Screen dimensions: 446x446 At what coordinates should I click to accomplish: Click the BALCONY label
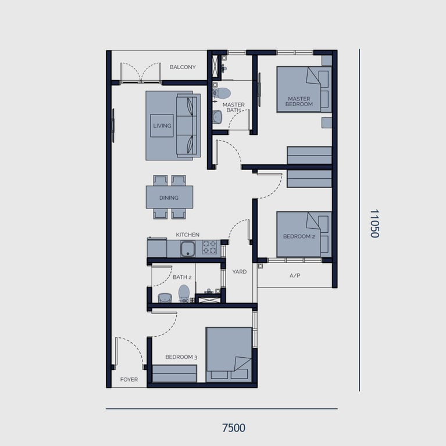pos(183,67)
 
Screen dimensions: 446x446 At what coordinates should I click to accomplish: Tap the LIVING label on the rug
pos(162,125)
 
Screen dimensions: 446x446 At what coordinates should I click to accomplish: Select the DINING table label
pos(169,197)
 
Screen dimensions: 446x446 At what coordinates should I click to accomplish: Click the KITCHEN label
pos(188,235)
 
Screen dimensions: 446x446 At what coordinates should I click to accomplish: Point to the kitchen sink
pos(188,249)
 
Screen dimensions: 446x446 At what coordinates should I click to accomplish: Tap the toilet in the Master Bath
pos(222,92)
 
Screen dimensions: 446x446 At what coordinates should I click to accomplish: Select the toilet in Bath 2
pos(184,293)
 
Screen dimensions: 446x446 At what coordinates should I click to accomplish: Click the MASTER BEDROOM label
pos(299,102)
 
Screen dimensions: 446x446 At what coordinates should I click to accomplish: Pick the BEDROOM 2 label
pos(299,236)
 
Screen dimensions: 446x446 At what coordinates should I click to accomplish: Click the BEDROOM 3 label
pos(181,357)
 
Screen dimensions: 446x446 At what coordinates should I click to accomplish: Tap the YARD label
pos(239,272)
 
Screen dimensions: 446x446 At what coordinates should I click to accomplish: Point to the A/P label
pos(294,275)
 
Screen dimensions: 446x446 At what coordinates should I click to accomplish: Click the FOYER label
pos(129,380)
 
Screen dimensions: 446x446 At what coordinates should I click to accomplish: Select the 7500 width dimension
pos(234,428)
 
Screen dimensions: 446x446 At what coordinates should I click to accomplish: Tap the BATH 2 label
pos(182,277)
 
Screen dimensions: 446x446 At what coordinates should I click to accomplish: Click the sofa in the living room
pos(187,125)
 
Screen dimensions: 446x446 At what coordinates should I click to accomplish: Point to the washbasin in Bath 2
pos(165,297)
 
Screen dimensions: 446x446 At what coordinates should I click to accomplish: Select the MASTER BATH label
pos(233,107)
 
